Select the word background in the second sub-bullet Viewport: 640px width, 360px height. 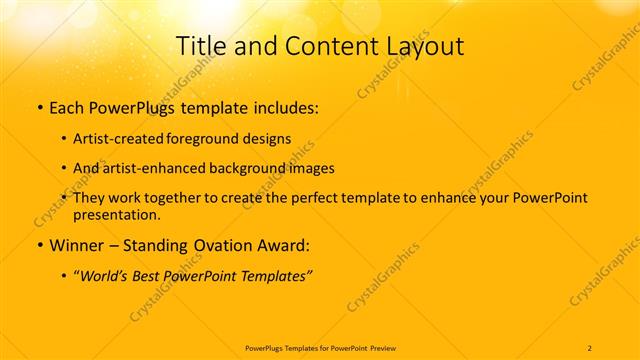click(246, 168)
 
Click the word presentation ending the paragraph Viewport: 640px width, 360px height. click(116, 214)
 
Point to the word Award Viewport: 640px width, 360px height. click(289, 245)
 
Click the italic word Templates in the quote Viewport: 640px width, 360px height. click(276, 276)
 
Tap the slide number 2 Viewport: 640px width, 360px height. click(590, 347)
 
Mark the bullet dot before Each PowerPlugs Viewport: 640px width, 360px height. click(38, 107)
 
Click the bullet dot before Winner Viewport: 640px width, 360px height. click(38, 246)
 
